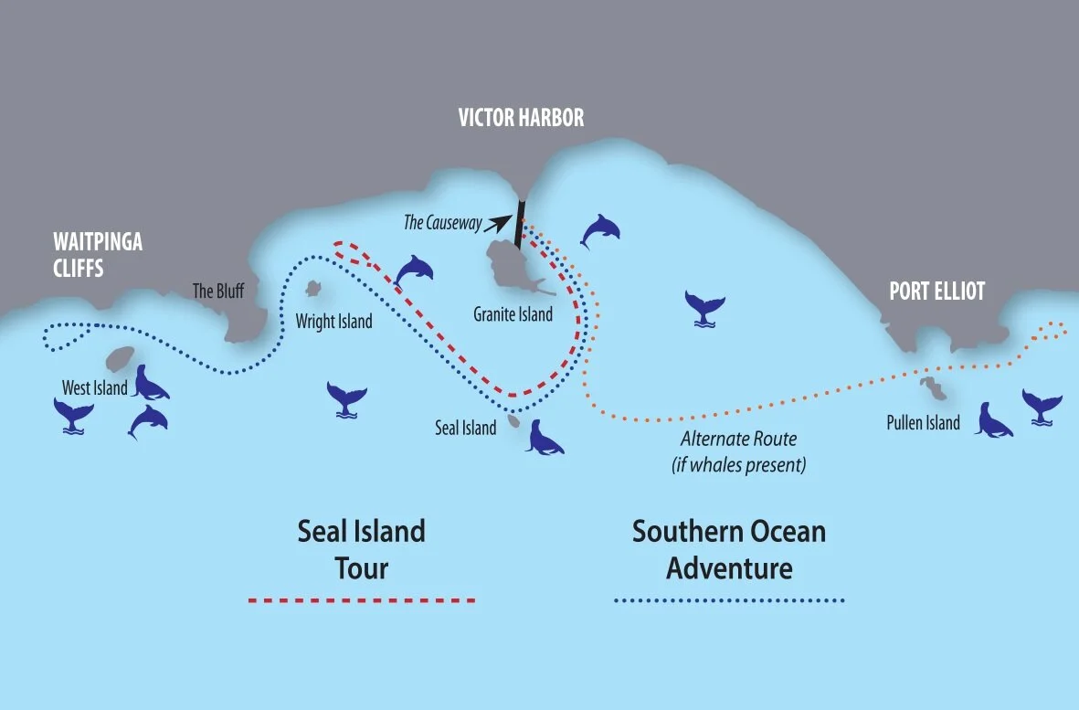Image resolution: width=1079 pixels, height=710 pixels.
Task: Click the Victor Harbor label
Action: tap(522, 118)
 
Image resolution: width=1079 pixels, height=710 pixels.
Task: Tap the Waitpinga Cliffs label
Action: tap(98, 256)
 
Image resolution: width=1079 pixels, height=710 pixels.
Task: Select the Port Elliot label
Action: tap(937, 291)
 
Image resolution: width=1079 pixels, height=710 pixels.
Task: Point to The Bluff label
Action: tap(217, 291)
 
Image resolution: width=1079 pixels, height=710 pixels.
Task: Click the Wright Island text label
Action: tap(334, 322)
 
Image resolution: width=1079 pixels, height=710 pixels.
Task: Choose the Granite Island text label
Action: tap(513, 314)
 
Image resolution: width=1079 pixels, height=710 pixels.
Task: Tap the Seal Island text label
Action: tap(466, 427)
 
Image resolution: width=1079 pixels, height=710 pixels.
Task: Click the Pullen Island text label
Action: tap(923, 422)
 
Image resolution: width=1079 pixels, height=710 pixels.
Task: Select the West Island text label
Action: tap(95, 388)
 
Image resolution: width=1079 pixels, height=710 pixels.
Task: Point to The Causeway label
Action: tap(442, 223)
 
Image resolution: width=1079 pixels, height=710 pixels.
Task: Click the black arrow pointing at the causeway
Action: tap(499, 220)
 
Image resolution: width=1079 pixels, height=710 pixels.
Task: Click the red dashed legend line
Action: tap(362, 600)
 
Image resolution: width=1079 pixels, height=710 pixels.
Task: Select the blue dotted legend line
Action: tap(729, 600)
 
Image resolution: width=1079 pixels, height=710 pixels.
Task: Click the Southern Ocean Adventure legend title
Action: tap(729, 549)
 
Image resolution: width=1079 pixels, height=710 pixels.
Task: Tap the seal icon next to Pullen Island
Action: tap(993, 419)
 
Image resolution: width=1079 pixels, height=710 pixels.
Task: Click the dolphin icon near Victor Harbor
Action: tap(600, 230)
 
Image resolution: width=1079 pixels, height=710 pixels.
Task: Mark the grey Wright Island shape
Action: tap(313, 290)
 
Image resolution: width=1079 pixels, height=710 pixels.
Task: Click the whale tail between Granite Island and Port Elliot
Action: tap(705, 307)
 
